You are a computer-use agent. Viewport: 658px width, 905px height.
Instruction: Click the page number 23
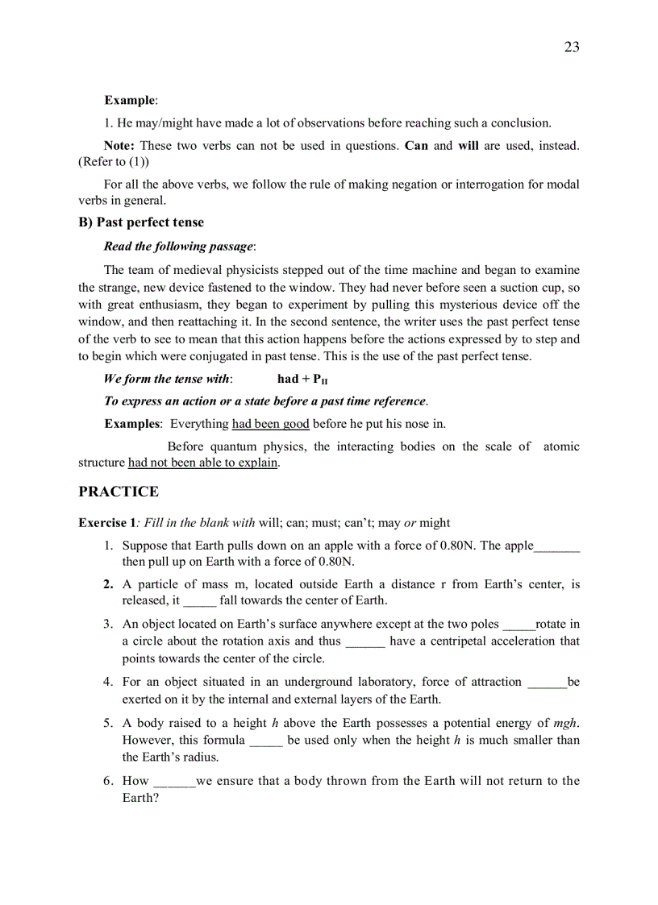click(x=571, y=47)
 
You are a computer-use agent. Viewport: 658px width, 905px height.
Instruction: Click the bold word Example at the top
click(x=129, y=101)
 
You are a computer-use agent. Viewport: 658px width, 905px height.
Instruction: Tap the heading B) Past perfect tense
click(x=141, y=222)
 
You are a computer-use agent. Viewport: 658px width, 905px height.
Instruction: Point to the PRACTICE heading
click(x=119, y=492)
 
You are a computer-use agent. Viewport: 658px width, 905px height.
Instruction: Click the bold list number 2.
click(x=108, y=584)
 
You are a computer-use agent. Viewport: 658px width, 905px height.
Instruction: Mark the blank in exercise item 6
click(x=174, y=782)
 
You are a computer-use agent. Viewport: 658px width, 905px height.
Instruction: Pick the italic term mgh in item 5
click(x=565, y=723)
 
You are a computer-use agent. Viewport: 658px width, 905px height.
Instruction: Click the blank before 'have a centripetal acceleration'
click(x=364, y=642)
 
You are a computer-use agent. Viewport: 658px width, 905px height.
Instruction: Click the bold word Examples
click(x=132, y=424)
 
